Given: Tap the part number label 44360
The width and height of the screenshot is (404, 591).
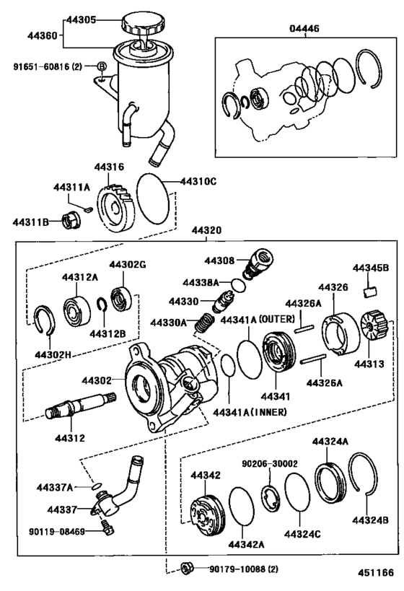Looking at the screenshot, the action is click(43, 36).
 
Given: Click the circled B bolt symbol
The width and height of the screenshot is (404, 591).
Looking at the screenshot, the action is click(102, 66).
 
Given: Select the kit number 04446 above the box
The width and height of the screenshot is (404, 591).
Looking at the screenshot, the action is click(304, 29).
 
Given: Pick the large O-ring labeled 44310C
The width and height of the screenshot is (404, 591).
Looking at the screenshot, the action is click(153, 198).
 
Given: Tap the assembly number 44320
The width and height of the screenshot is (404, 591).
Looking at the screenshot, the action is click(206, 230).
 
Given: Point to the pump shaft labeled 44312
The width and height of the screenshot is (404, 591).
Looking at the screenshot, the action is click(81, 405).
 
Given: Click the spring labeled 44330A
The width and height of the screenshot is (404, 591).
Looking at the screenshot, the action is click(204, 323).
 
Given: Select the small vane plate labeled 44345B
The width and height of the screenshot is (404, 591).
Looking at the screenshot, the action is click(371, 292).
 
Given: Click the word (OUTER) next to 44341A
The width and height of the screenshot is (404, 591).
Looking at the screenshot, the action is click(277, 319).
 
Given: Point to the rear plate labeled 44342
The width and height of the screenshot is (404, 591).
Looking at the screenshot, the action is click(207, 509).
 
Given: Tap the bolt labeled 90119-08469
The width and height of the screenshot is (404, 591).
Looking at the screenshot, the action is click(107, 529).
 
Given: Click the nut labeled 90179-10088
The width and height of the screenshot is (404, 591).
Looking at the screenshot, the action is click(188, 569).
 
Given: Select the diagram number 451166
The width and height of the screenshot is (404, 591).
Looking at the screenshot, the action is click(375, 572).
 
